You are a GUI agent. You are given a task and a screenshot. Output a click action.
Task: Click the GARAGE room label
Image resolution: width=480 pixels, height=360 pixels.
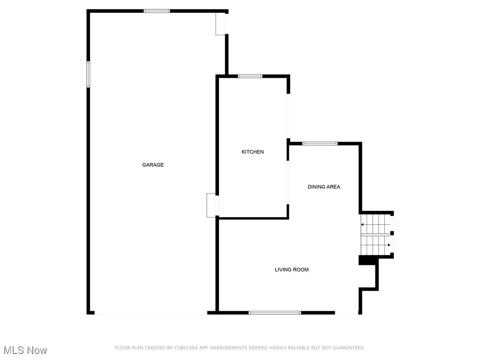pyautogui.click(x=153, y=165)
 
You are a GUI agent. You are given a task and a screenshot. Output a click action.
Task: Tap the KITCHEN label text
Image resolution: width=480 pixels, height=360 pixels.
pyautogui.click(x=253, y=152)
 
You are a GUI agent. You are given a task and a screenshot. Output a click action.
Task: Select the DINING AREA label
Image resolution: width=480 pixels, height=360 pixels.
pyautogui.click(x=324, y=187)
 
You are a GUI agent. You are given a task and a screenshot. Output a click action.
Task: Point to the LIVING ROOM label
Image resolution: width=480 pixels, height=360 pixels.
pyautogui.click(x=292, y=270)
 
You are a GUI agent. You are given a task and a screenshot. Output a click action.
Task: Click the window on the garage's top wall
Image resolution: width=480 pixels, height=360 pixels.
pyautogui.click(x=157, y=11)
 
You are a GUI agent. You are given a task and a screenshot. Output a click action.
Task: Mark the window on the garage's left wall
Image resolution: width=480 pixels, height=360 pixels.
pyautogui.click(x=88, y=74)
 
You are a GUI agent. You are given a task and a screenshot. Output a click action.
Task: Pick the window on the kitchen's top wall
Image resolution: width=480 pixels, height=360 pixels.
pyautogui.click(x=250, y=76)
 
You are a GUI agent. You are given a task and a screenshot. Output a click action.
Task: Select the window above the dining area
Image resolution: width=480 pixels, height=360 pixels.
pyautogui.click(x=320, y=143)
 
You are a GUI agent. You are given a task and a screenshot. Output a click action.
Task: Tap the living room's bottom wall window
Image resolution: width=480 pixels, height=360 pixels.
pyautogui.click(x=275, y=312)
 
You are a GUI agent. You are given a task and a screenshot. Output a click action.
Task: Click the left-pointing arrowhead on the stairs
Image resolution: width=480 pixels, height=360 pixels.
pyautogui.click(x=362, y=225)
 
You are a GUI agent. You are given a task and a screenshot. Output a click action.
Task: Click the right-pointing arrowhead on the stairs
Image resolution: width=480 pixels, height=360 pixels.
pyautogui.click(x=389, y=245)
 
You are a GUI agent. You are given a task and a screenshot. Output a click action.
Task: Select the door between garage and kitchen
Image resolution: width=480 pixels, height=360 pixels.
pyautogui.click(x=212, y=205)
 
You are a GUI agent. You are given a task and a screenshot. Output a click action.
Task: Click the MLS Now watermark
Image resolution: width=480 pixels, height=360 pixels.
pyautogui.click(x=25, y=350)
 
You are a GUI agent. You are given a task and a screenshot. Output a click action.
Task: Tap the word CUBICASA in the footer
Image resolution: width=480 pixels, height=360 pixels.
pyautogui.click(x=185, y=348)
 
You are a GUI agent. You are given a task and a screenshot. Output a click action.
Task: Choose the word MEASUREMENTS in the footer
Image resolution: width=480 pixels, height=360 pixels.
pyautogui.click(x=229, y=348)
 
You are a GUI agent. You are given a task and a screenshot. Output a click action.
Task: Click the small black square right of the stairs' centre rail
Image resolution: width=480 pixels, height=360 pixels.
pyautogui.click(x=392, y=233)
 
